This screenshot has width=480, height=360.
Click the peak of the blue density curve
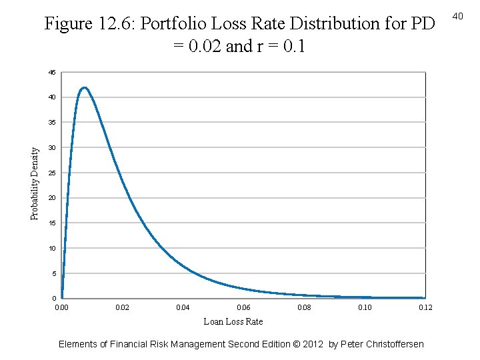[84, 87]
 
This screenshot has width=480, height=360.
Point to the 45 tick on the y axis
[52, 72]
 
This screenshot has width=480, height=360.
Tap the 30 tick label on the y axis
[52, 148]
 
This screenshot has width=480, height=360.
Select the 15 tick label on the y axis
[52, 223]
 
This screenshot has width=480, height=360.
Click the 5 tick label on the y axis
[53, 274]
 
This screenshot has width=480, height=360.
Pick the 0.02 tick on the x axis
[123, 307]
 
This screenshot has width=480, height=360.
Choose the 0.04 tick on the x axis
[183, 307]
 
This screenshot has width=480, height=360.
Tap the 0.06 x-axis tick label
[244, 307]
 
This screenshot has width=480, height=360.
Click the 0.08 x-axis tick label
[304, 307]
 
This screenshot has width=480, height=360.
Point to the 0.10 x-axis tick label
[365, 307]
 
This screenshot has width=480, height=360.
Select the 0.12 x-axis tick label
[425, 307]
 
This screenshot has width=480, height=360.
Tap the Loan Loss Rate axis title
[233, 321]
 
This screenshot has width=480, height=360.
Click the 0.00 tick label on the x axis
[61, 307]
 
